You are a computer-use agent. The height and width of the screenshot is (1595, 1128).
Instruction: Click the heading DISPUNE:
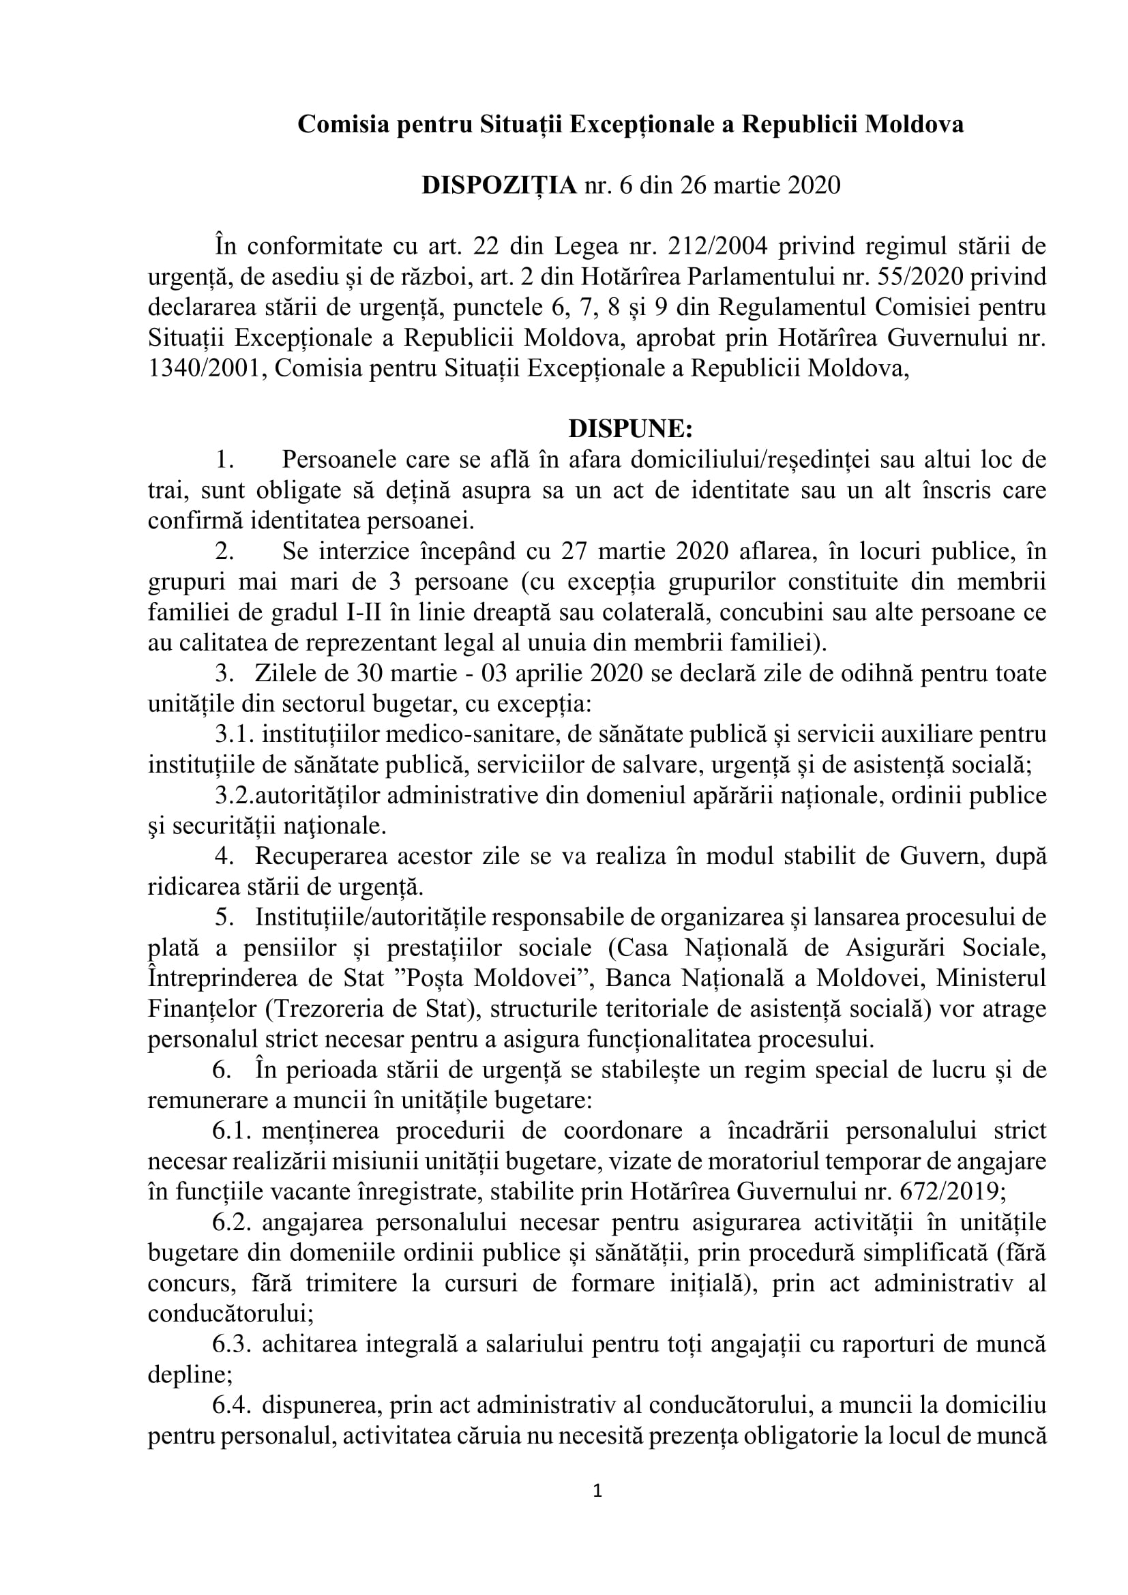631,429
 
